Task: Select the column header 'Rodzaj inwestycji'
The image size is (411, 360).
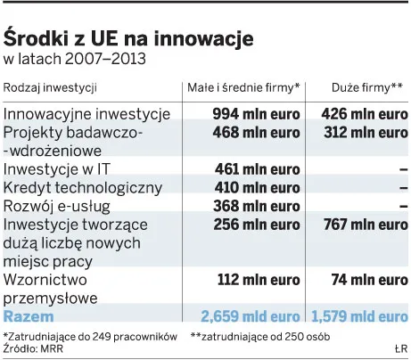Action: pyautogui.click(x=50, y=88)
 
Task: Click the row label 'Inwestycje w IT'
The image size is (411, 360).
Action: pyautogui.click(x=60, y=169)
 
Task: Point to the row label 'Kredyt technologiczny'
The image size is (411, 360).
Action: pyautogui.click(x=83, y=187)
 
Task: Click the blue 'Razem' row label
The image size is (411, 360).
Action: pyautogui.click(x=29, y=316)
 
